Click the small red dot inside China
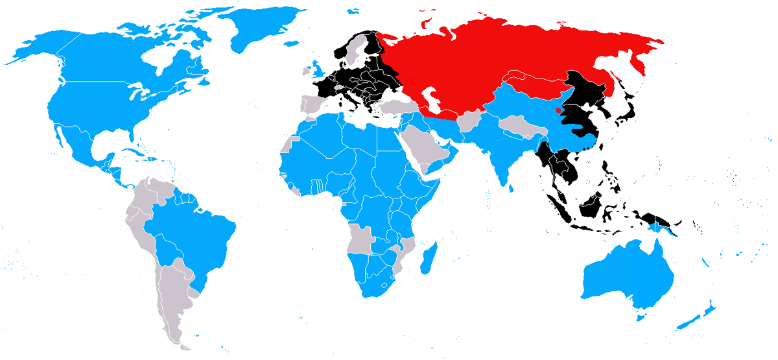coord(559,111)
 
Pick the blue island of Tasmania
coord(642,316)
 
